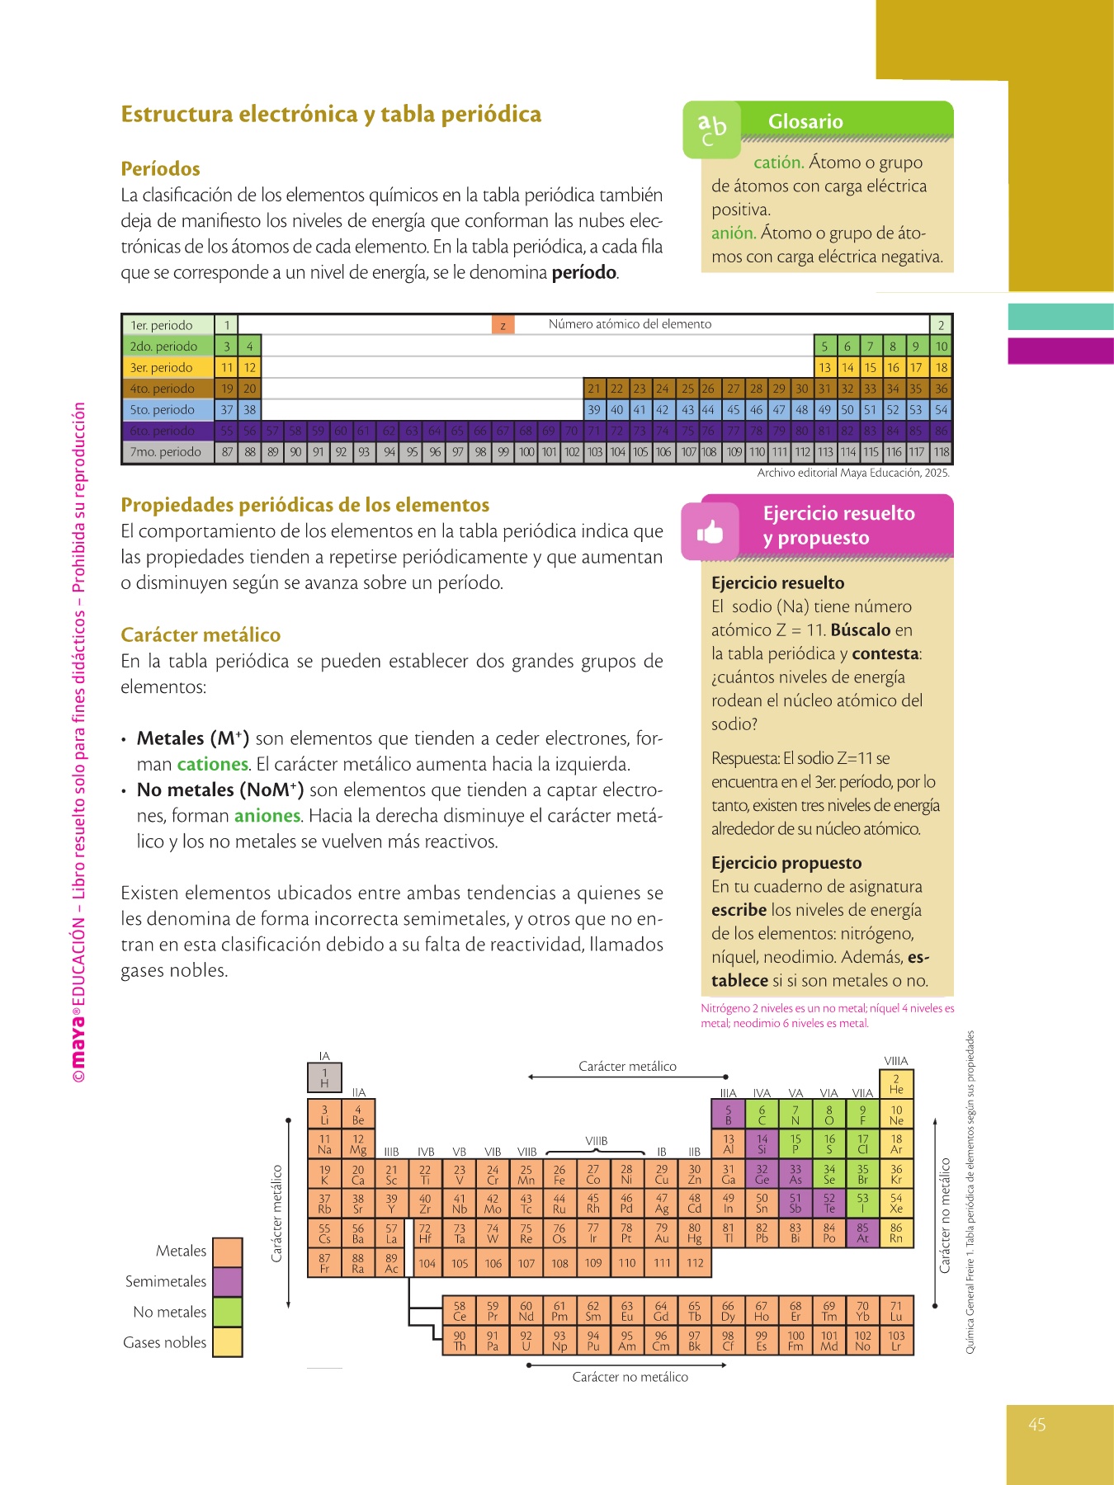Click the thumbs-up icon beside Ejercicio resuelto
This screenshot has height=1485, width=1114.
[709, 532]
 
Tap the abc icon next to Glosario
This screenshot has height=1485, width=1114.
[711, 129]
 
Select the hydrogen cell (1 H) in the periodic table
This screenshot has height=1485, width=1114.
[324, 1077]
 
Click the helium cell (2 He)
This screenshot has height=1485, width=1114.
[896, 1083]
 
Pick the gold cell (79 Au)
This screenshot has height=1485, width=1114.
[661, 1233]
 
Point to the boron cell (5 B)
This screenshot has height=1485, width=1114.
[728, 1115]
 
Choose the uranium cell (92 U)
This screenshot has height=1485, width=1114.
[526, 1341]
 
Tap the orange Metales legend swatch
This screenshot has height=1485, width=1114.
[227, 1252]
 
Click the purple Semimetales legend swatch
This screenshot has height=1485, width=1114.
[227, 1281]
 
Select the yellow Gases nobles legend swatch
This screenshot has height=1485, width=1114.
[227, 1342]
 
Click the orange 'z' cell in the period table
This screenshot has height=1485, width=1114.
[503, 325]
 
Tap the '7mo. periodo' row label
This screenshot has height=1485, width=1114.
[165, 452]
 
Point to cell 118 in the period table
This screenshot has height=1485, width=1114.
[941, 452]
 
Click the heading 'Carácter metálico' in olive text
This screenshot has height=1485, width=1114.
[201, 634]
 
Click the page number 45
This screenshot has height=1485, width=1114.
[1037, 1424]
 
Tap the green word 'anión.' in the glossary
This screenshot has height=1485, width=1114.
[733, 233]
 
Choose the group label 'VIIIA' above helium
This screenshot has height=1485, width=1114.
[895, 1061]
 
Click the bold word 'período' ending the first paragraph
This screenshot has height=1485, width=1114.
[583, 272]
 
